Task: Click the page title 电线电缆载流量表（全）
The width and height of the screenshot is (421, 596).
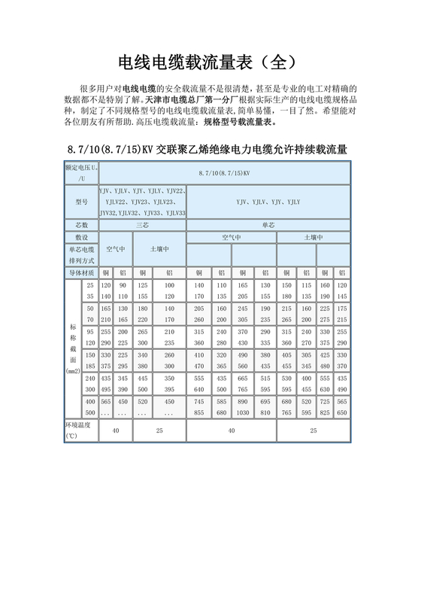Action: [x=210, y=61]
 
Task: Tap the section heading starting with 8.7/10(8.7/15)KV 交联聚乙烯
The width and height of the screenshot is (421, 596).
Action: [x=207, y=148]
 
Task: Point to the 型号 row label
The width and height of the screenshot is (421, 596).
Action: [x=82, y=202]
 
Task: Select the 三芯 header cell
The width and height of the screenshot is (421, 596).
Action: [x=142, y=224]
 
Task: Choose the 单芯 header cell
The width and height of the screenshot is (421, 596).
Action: [x=268, y=224]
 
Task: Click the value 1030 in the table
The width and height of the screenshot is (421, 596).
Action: [x=244, y=412]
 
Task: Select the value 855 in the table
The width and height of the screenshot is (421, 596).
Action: [x=199, y=412]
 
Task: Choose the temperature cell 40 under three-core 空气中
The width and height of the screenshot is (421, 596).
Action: [x=115, y=430]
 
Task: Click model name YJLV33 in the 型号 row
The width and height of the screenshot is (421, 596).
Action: [x=174, y=213]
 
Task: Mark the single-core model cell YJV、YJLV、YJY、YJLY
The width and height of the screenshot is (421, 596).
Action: [x=268, y=202]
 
